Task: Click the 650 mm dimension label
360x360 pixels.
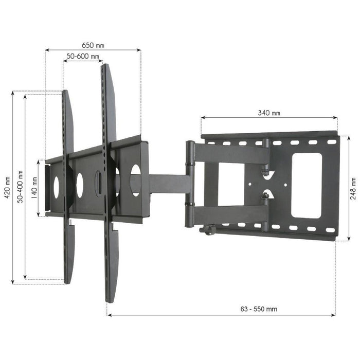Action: [x=93, y=45]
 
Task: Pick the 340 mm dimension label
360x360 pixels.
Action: [x=269, y=113]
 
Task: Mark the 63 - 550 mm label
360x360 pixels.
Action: [x=259, y=309]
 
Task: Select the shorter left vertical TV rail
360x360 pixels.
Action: [x=67, y=185]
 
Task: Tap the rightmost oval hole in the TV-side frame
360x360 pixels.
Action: [x=136, y=179]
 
